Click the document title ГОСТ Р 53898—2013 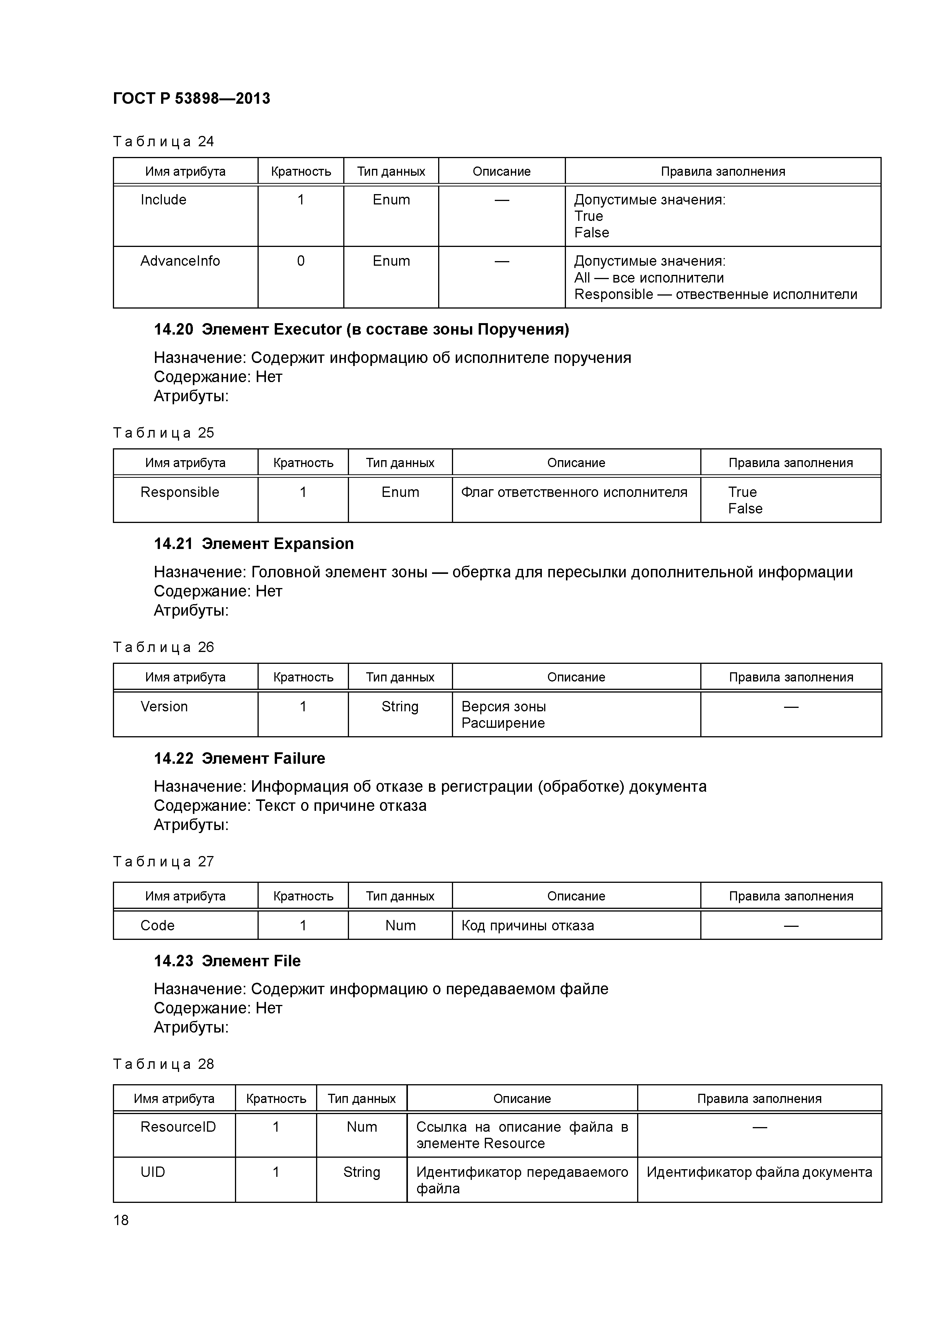coord(191,98)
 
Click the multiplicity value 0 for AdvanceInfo coord(300,261)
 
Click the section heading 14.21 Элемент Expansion coord(253,544)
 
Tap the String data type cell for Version coord(400,707)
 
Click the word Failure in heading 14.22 coord(299,759)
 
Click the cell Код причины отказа coord(527,925)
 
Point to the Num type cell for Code coord(400,925)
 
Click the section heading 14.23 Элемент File coord(227,961)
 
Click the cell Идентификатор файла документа coord(759,1172)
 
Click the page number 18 coord(121,1220)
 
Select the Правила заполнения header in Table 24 coord(723,172)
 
